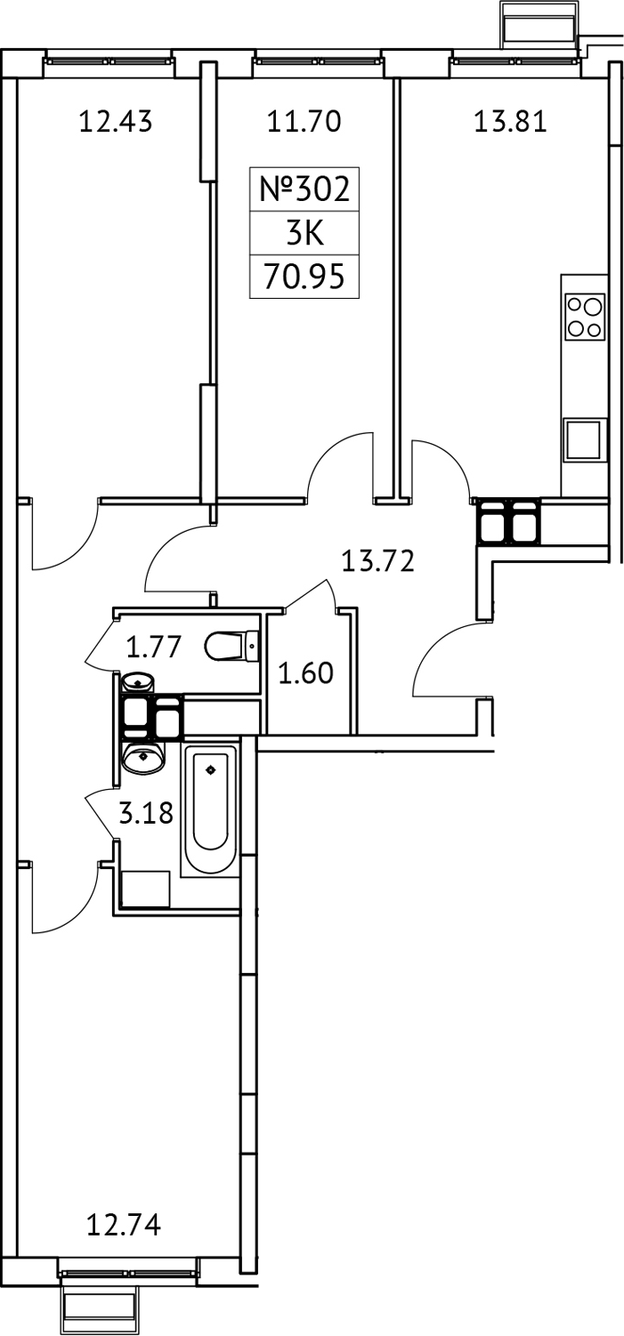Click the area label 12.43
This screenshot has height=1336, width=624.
click(x=116, y=122)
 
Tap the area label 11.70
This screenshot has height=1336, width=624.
click(x=304, y=122)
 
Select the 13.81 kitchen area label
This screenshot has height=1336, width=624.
click(x=509, y=122)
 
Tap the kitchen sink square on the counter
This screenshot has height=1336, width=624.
click(x=584, y=439)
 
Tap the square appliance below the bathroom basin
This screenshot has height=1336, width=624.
click(x=145, y=888)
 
